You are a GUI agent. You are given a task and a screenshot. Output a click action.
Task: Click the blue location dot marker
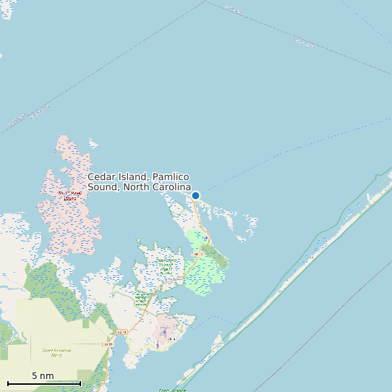point(195,195)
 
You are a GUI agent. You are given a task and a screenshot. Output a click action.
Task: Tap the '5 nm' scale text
point(43,375)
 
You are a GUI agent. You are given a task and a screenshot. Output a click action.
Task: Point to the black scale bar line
point(44,383)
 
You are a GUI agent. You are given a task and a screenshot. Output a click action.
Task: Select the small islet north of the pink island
point(93,143)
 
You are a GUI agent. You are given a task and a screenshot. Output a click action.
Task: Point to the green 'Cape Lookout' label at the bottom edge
point(173,390)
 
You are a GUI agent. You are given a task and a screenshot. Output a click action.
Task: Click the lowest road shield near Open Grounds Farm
point(108,345)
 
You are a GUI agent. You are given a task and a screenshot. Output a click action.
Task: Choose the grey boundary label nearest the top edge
point(233,9)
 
